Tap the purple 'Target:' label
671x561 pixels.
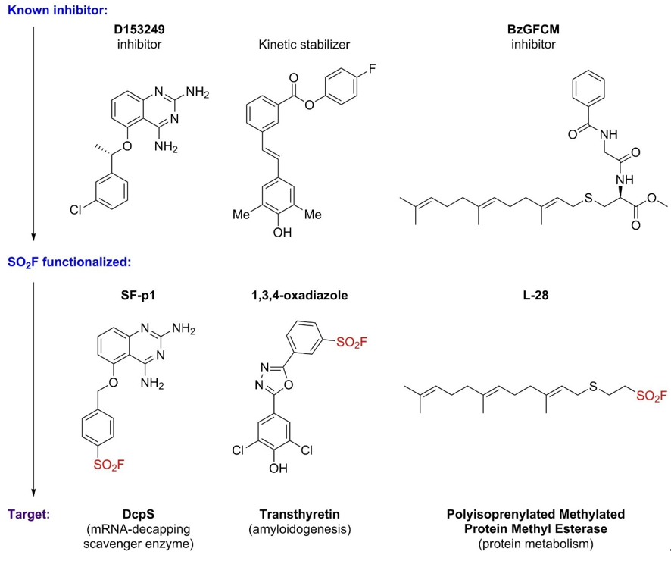[x=29, y=514]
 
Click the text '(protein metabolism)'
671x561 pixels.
[x=533, y=543]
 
